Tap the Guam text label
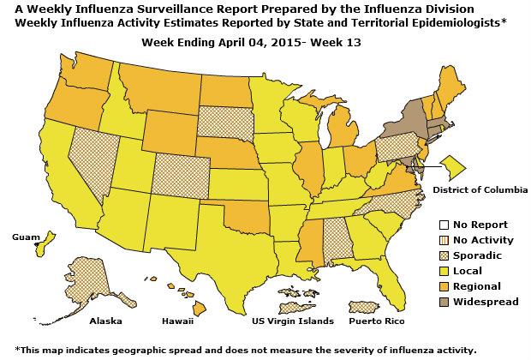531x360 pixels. coord(25,235)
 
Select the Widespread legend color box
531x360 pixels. coord(436,301)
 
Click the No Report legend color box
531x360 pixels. coord(436,224)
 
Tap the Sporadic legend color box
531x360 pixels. coord(436,255)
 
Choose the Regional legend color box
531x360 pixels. coord(436,285)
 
